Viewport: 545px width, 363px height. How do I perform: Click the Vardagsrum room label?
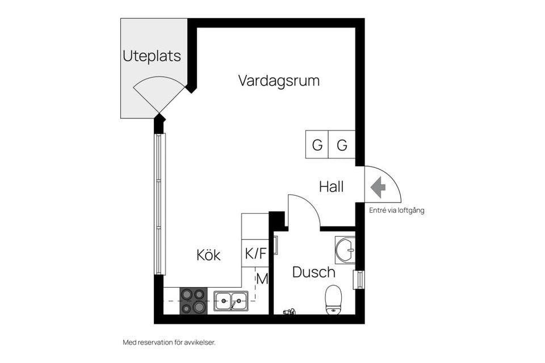pyautogui.click(x=279, y=81)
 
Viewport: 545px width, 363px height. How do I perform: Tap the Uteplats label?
pyautogui.click(x=152, y=56)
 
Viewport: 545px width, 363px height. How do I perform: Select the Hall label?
pyautogui.click(x=331, y=187)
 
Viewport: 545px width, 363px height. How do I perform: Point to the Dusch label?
pyautogui.click(x=313, y=272)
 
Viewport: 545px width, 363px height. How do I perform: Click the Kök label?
pyautogui.click(x=208, y=255)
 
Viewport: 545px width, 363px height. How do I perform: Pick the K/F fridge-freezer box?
pyautogui.click(x=255, y=254)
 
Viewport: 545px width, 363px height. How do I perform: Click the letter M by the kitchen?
pyautogui.click(x=262, y=279)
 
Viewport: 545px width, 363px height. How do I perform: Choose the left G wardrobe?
pyautogui.click(x=317, y=145)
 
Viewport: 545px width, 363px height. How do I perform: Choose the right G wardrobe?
pyautogui.click(x=342, y=145)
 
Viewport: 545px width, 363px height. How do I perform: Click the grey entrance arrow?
pyautogui.click(x=378, y=187)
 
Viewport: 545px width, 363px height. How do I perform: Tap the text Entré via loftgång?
pyautogui.click(x=397, y=210)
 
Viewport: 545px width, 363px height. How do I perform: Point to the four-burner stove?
pyautogui.click(x=194, y=301)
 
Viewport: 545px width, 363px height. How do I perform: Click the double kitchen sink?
pyautogui.click(x=231, y=301)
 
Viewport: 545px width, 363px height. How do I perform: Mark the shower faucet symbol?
pyautogui.click(x=290, y=311)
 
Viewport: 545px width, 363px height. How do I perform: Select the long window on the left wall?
pyautogui.click(x=160, y=204)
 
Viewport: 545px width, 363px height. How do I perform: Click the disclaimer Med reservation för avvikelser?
pyautogui.click(x=169, y=343)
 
